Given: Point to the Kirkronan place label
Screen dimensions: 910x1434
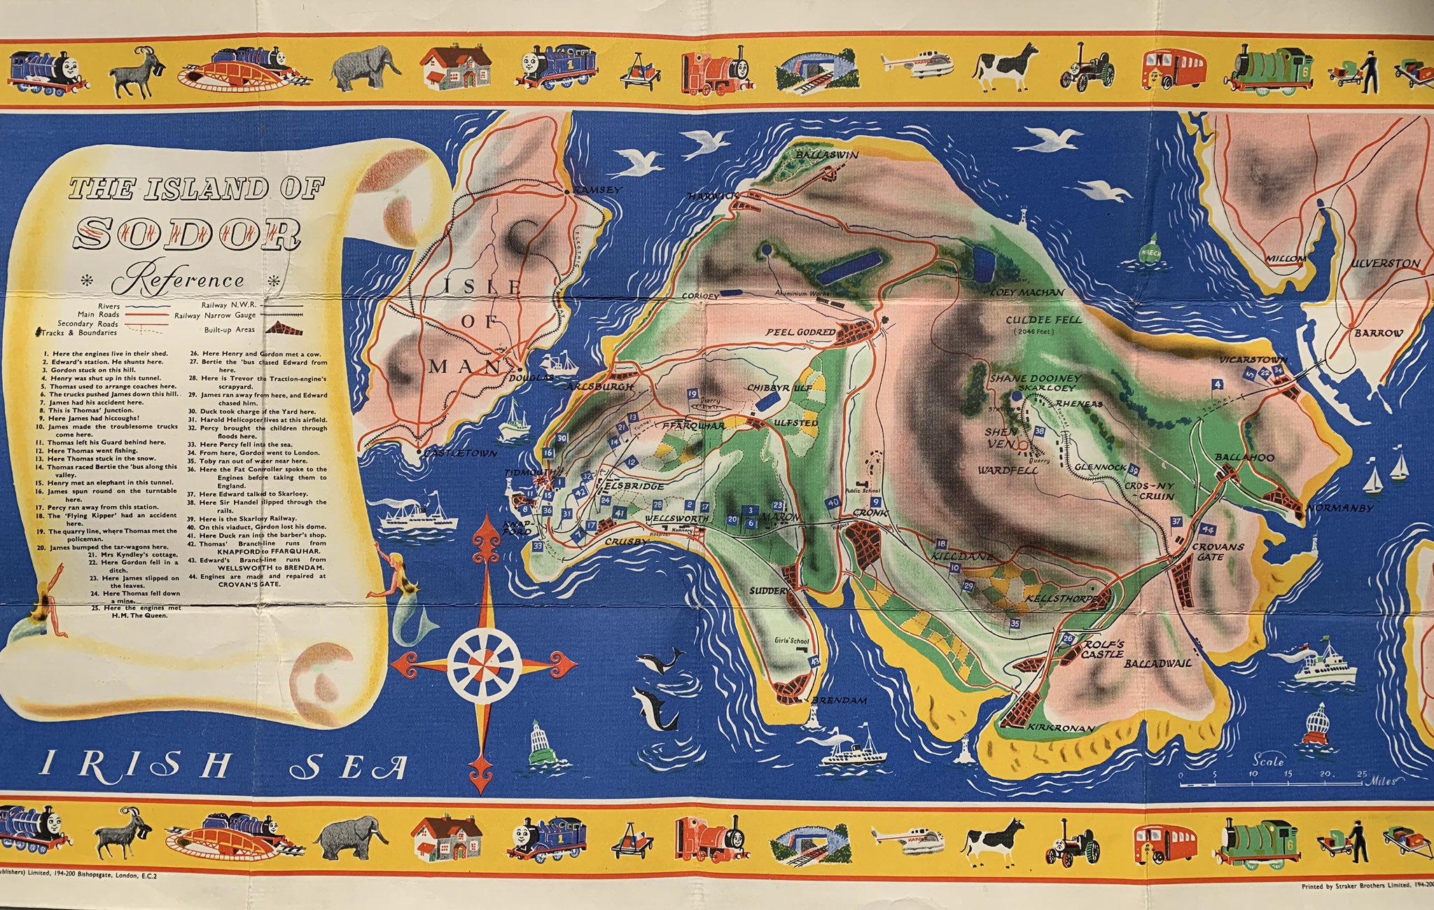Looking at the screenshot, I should tap(1061, 728).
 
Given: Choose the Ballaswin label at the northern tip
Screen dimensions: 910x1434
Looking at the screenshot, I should tap(826, 155).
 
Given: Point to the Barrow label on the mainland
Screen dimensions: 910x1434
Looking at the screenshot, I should tap(1378, 333).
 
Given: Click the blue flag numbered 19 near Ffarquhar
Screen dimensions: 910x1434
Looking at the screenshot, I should tap(693, 393).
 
